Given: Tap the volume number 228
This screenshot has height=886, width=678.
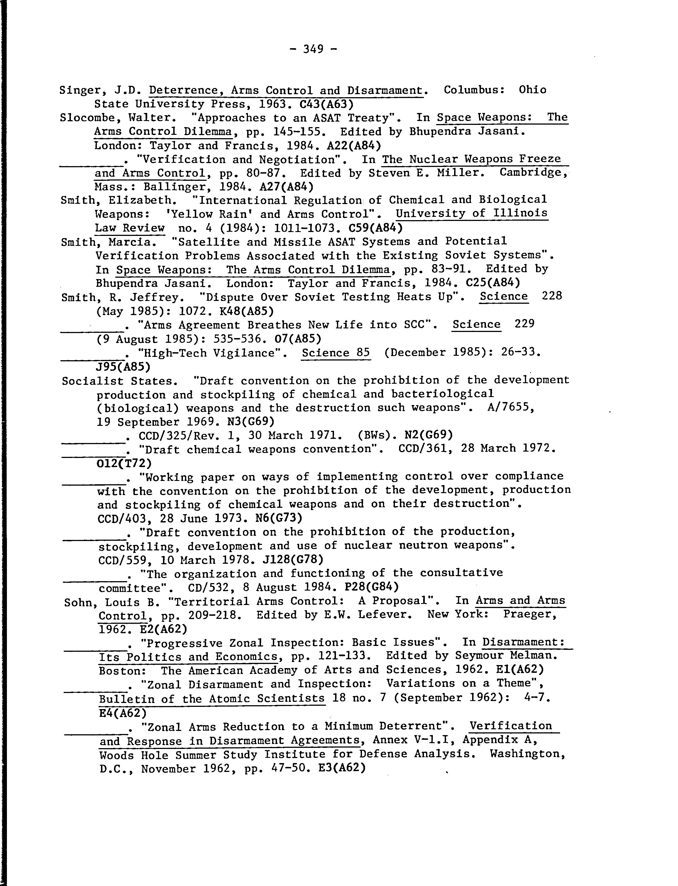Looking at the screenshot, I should [552, 296].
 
